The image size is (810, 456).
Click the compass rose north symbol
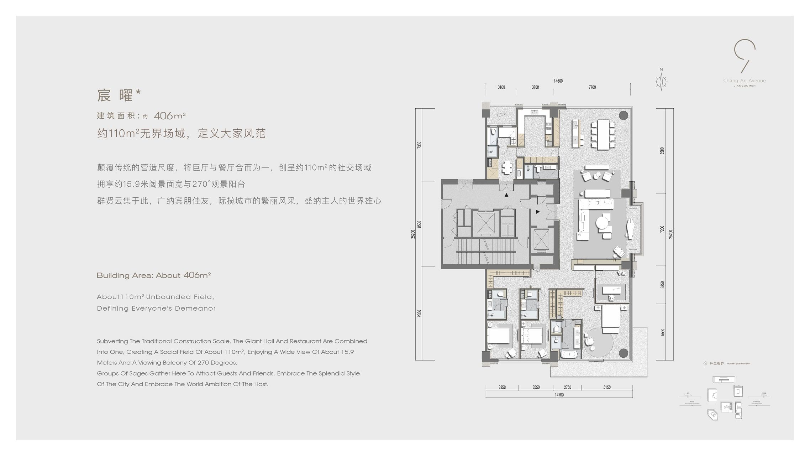coord(661,82)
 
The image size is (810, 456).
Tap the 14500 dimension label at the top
coord(558,81)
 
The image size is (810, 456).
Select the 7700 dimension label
coord(592,87)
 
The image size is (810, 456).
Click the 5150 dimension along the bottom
coord(607,387)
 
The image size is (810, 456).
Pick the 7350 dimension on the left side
coord(419,145)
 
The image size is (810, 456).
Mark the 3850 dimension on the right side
coord(662,285)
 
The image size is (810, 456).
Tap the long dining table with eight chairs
coord(603,135)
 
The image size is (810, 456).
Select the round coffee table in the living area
coord(603,223)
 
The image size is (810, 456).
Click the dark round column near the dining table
coord(623,115)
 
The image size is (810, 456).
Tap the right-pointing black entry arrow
coord(538,212)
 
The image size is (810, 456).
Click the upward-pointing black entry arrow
coord(506,195)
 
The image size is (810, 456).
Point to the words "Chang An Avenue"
coord(744,81)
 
